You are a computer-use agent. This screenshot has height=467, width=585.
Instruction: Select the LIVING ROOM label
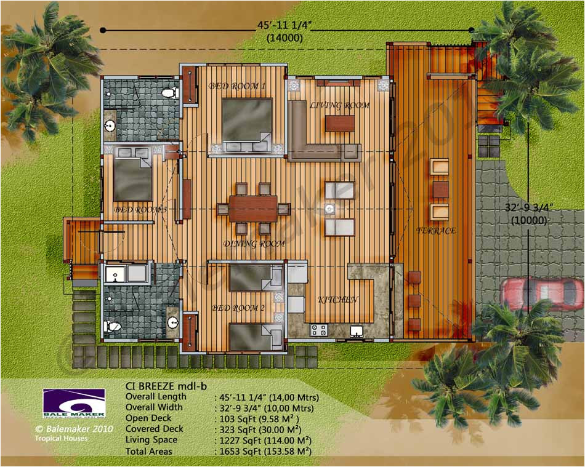pos(339,105)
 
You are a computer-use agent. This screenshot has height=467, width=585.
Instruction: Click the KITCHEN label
pos(338,300)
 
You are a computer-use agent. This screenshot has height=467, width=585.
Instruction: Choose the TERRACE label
pos(436,231)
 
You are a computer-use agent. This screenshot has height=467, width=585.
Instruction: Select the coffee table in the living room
pos(339,123)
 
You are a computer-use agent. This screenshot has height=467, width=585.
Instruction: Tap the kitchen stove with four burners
pos(318,330)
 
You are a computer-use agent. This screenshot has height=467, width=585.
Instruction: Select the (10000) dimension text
pos(522,220)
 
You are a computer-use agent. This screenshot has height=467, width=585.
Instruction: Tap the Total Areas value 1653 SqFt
pos(263,451)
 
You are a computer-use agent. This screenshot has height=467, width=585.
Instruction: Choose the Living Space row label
pos(151,440)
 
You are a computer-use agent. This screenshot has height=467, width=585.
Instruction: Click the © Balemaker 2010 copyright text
pos(74,429)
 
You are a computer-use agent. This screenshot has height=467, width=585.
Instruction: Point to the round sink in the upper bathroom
pos(110,126)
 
